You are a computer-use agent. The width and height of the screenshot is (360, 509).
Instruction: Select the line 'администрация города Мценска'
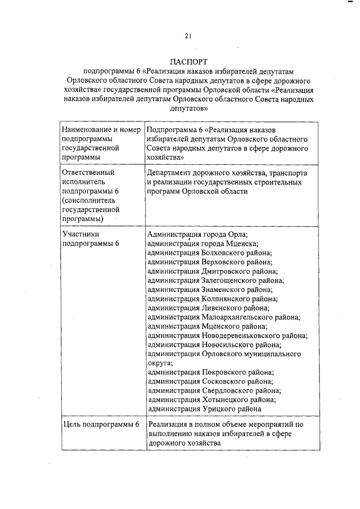(202, 244)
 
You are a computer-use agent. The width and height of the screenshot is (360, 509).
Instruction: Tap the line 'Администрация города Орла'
(197, 234)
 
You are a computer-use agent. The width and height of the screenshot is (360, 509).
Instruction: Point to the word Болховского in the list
(224, 253)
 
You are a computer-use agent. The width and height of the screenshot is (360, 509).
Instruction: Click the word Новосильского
(228, 344)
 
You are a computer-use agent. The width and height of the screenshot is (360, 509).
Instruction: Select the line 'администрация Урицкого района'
(204, 409)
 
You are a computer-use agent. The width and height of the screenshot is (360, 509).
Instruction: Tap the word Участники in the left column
(81, 234)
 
